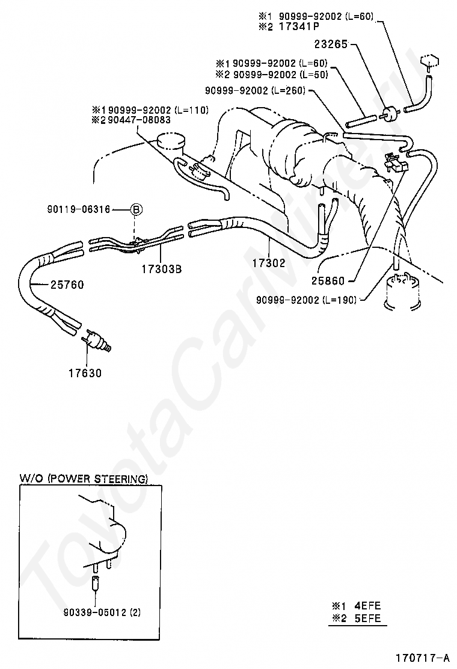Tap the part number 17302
pyautogui.click(x=268, y=263)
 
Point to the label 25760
pyautogui.click(x=67, y=285)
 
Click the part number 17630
pyautogui.click(x=85, y=372)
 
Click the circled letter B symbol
pyautogui.click(x=136, y=209)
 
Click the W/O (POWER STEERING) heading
pyautogui.click(x=84, y=479)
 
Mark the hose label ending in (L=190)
pyautogui.click(x=307, y=299)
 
